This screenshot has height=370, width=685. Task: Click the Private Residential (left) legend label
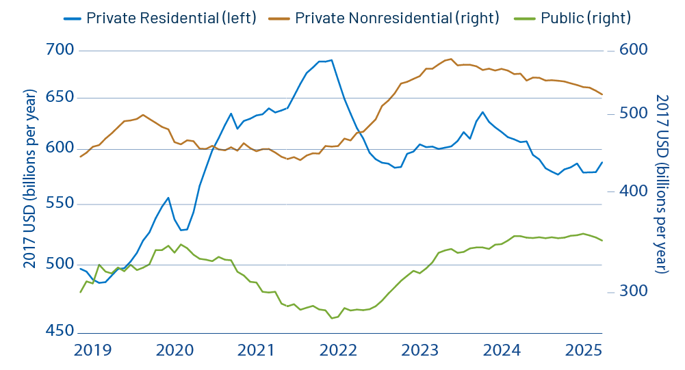click(x=171, y=18)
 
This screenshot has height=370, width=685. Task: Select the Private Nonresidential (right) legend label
click(x=397, y=18)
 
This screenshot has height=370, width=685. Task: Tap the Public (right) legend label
click(x=585, y=18)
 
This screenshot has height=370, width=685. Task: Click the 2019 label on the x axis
click(x=92, y=350)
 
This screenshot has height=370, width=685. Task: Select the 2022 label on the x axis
click(x=338, y=350)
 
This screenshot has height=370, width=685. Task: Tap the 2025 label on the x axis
click(x=584, y=350)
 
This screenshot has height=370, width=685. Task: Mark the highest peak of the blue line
click(x=332, y=60)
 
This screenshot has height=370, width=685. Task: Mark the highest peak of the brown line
click(x=450, y=59)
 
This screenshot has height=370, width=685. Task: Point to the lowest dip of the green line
click(x=332, y=318)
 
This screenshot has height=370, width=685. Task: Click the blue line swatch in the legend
click(x=72, y=18)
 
